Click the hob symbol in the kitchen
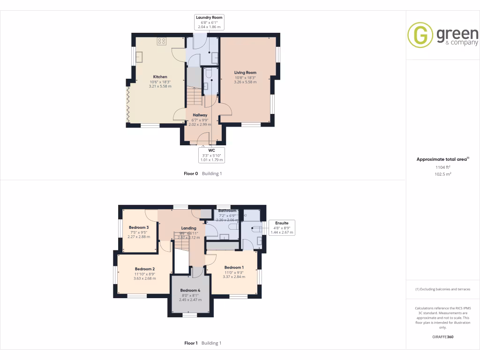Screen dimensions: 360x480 click(x=161, y=41)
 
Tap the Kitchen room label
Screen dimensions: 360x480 click(x=160, y=77)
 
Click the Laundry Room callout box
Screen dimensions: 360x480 click(x=209, y=22)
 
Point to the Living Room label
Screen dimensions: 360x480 click(x=245, y=73)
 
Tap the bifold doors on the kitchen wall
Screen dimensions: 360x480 click(x=127, y=105)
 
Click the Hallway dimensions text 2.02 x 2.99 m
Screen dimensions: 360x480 click(x=200, y=124)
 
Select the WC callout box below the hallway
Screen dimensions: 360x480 click(x=211, y=155)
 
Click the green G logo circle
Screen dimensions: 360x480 click(x=420, y=35)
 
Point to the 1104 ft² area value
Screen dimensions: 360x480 click(x=442, y=167)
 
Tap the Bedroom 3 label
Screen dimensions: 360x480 click(x=138, y=227)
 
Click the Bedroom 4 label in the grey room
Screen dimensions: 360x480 click(x=190, y=291)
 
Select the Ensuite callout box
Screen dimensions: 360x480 click(x=282, y=227)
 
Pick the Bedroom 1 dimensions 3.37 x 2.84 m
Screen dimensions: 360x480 click(x=234, y=277)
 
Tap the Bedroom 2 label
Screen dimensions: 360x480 click(x=138, y=269)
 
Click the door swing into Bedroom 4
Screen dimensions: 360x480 click(x=197, y=271)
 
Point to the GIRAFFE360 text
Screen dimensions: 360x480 click(x=442, y=337)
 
